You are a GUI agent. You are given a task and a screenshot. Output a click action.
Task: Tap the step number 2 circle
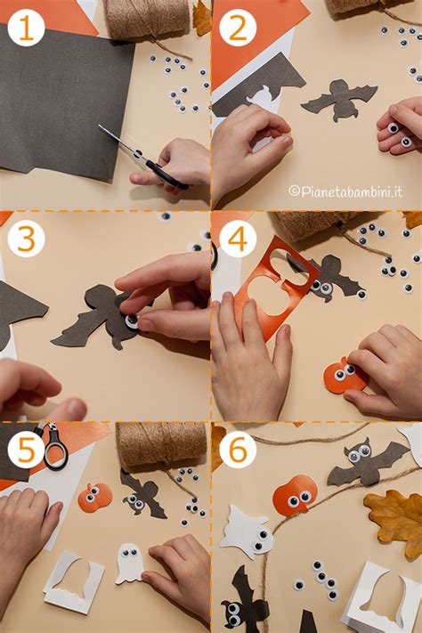click(x=238, y=28)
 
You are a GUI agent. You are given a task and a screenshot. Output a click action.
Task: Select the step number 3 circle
click(x=26, y=239)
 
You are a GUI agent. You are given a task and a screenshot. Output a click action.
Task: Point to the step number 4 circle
click(x=238, y=239)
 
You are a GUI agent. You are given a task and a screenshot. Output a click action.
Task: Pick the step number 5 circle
click(x=26, y=450)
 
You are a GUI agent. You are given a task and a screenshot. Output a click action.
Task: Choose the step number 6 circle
click(x=238, y=450)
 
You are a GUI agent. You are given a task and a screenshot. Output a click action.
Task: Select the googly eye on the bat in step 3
click(x=133, y=322)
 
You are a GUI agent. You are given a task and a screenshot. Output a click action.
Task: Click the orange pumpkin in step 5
click(x=94, y=497)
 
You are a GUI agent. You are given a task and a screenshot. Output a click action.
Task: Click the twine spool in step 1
click(x=147, y=18)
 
